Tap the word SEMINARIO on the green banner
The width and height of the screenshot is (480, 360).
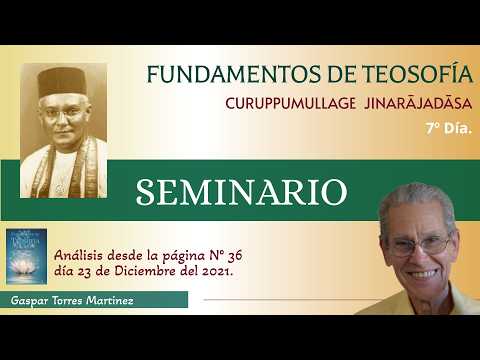(x=241, y=192)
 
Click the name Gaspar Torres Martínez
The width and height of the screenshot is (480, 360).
(x=74, y=300)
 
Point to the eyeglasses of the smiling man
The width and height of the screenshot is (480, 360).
(x=420, y=243)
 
